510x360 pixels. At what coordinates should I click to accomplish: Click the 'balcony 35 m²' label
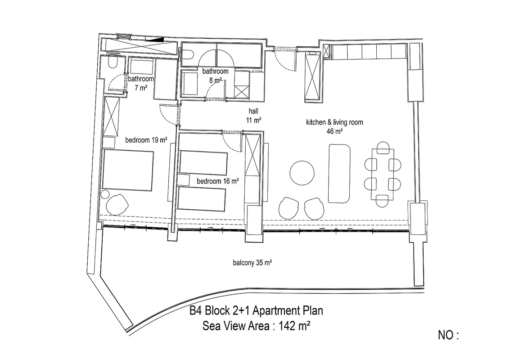(253, 262)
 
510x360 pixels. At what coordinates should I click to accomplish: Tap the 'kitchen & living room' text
(334, 122)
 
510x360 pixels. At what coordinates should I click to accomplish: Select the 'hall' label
(253, 111)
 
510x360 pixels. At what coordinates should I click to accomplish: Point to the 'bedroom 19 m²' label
(146, 140)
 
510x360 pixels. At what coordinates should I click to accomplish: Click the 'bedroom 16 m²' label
(218, 181)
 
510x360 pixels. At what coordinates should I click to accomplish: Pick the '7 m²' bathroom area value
(141, 88)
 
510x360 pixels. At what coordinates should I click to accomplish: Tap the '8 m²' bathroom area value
(216, 80)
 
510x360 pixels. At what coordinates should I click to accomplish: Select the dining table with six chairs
(383, 174)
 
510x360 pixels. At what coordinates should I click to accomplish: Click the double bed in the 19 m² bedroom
(128, 170)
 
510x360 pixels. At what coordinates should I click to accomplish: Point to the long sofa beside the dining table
(339, 174)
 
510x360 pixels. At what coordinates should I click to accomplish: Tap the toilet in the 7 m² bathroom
(113, 63)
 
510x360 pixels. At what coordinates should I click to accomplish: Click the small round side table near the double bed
(105, 194)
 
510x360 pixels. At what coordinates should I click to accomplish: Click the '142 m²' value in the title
(294, 325)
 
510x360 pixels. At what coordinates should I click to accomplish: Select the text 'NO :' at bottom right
(448, 335)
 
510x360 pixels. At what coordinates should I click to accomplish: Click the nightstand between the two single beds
(184, 180)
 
